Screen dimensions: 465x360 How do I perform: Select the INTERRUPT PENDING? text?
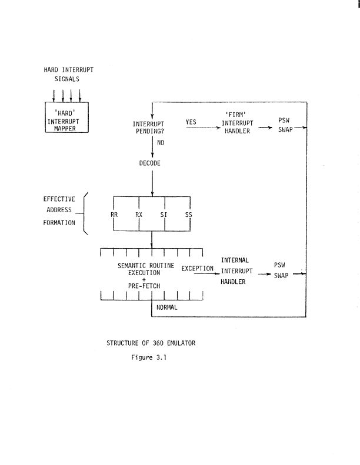pos(152,128)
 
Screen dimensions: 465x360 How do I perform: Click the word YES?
pos(191,122)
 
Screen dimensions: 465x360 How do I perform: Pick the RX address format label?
pos(139,215)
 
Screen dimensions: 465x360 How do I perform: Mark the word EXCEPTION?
pos(198,269)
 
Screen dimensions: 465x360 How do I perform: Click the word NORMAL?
pos(167,307)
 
